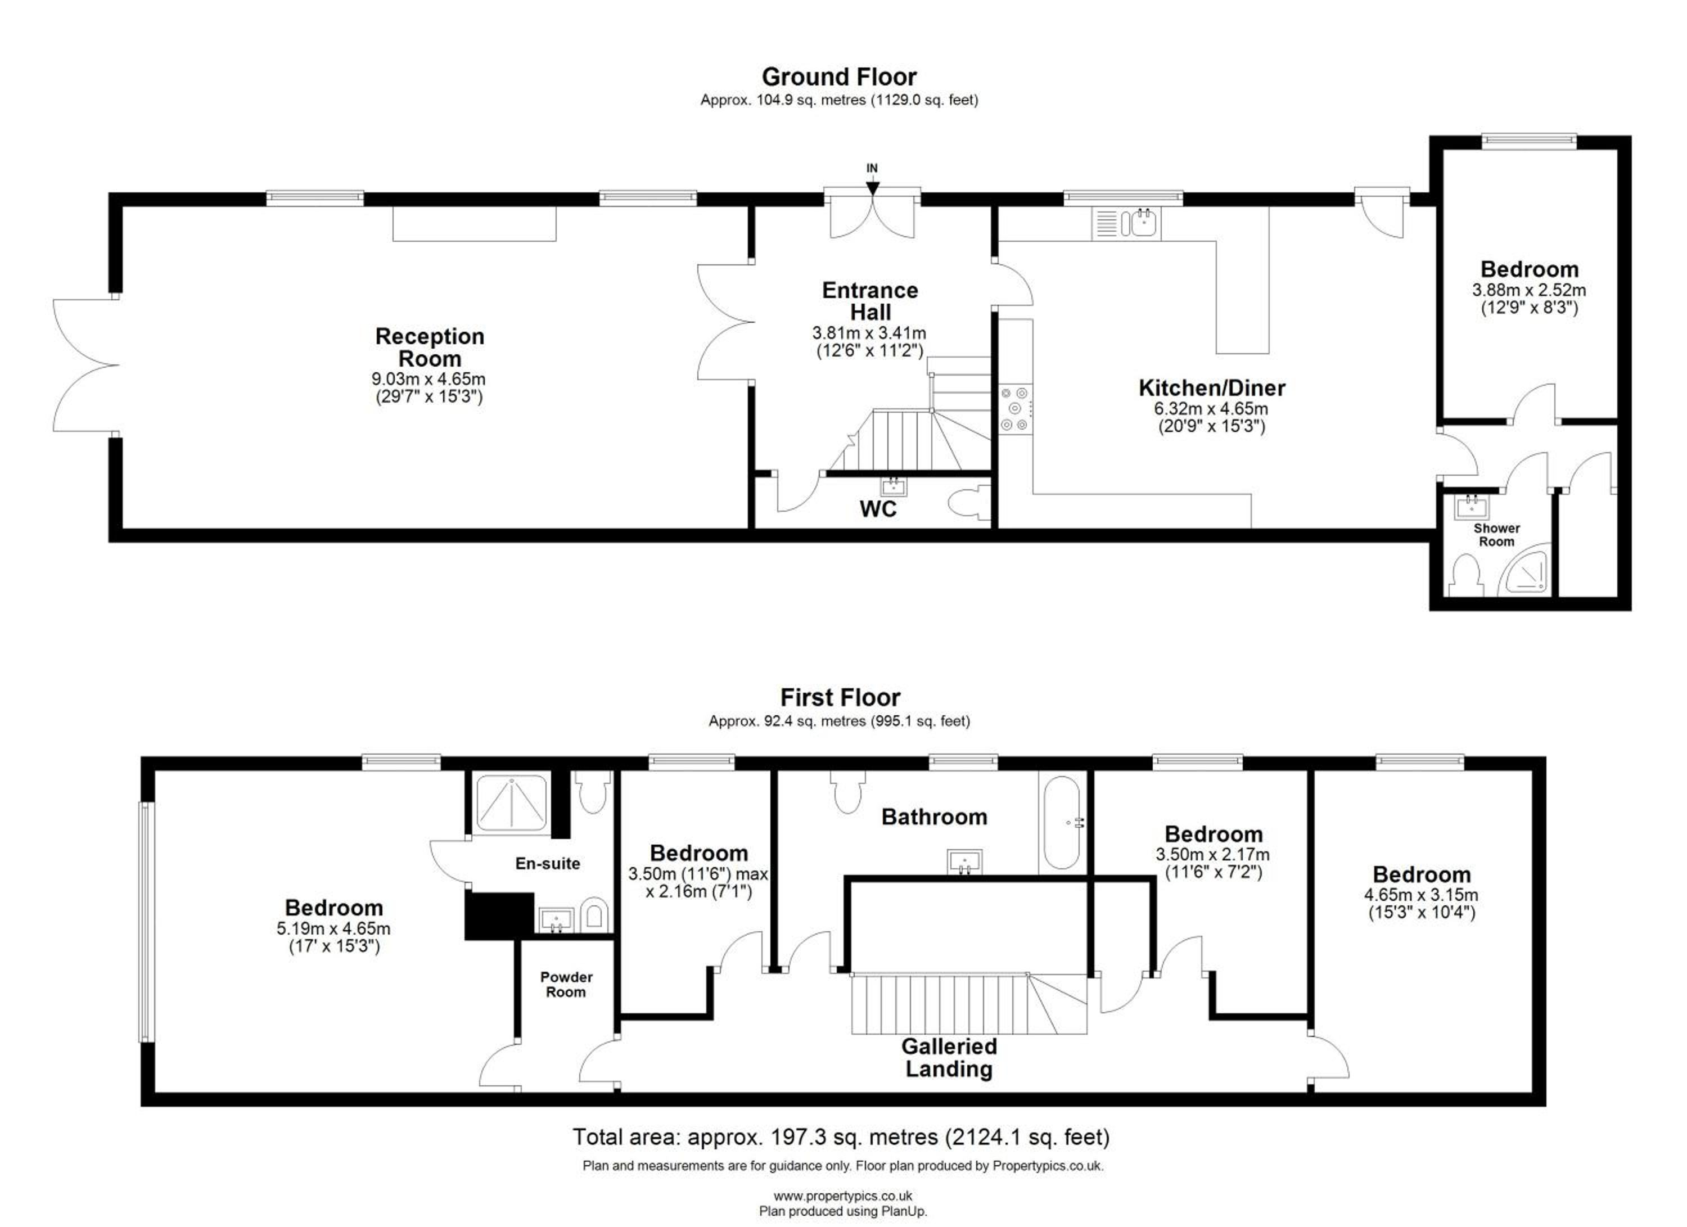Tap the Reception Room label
[430, 348]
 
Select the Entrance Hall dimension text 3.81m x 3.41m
[869, 333]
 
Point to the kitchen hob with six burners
[1016, 408]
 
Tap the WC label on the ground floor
[878, 509]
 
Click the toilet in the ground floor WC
[970, 500]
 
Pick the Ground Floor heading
[839, 76]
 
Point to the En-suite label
[548, 863]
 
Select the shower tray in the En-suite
[512, 802]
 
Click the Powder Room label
[566, 985]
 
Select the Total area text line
[841, 1137]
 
